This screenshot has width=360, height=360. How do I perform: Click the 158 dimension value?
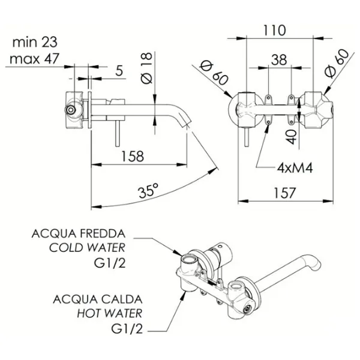pyautogui.click(x=133, y=157)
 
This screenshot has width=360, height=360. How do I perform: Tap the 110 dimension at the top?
pyautogui.click(x=274, y=31)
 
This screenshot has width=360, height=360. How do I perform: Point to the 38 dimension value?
pyautogui.click(x=279, y=59)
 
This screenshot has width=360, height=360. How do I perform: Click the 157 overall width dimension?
pyautogui.click(x=284, y=193)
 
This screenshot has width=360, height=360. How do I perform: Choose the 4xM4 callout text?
pyautogui.click(x=295, y=168)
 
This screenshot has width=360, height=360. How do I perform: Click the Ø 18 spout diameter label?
pyautogui.click(x=147, y=68)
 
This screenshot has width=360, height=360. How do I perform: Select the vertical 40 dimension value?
pyautogui.click(x=292, y=137)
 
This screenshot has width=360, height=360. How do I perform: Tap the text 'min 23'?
pyautogui.click(x=35, y=42)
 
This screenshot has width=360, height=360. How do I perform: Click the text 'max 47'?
pyautogui.click(x=34, y=59)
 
